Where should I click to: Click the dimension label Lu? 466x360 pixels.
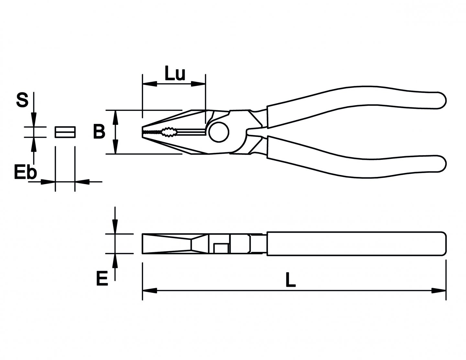pos(175,74)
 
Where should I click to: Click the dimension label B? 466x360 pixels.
pos(99,132)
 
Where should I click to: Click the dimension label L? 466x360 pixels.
pos(290,280)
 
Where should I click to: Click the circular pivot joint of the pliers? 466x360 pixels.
pos(219,132)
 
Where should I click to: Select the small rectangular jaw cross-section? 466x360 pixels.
pos(65,132)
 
